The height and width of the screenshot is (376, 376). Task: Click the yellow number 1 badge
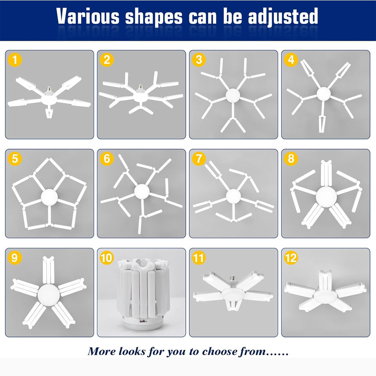[x=15, y=60]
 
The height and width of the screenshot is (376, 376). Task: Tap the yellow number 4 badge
[x=291, y=60]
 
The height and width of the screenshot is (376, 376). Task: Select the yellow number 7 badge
[x=199, y=159]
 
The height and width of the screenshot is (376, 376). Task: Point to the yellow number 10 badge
[x=107, y=258]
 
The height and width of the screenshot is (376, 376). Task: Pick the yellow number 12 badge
[x=291, y=258]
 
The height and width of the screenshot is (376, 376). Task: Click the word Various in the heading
[x=88, y=16]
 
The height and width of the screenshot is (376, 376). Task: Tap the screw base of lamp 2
[x=140, y=87]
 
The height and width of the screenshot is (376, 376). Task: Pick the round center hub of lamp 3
[x=232, y=95]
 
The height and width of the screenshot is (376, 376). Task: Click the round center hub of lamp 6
[x=142, y=191]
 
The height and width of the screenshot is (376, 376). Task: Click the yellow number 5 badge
[x=15, y=159]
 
